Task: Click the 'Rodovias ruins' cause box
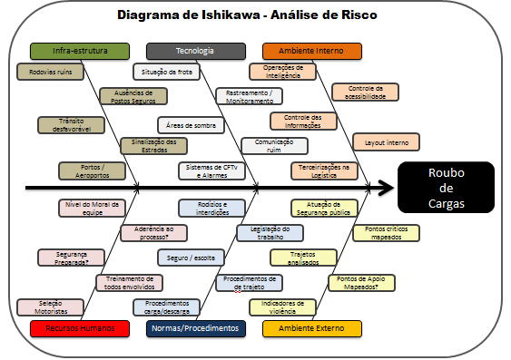coord(51,71)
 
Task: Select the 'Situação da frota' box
coord(165,71)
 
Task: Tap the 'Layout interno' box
coord(386,141)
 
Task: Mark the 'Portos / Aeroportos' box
coord(91,170)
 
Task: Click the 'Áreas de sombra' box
coord(191,124)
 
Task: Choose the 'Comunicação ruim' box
coord(274,145)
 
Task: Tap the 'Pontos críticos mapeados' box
coord(386,233)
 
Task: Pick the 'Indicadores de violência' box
coord(282,306)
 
